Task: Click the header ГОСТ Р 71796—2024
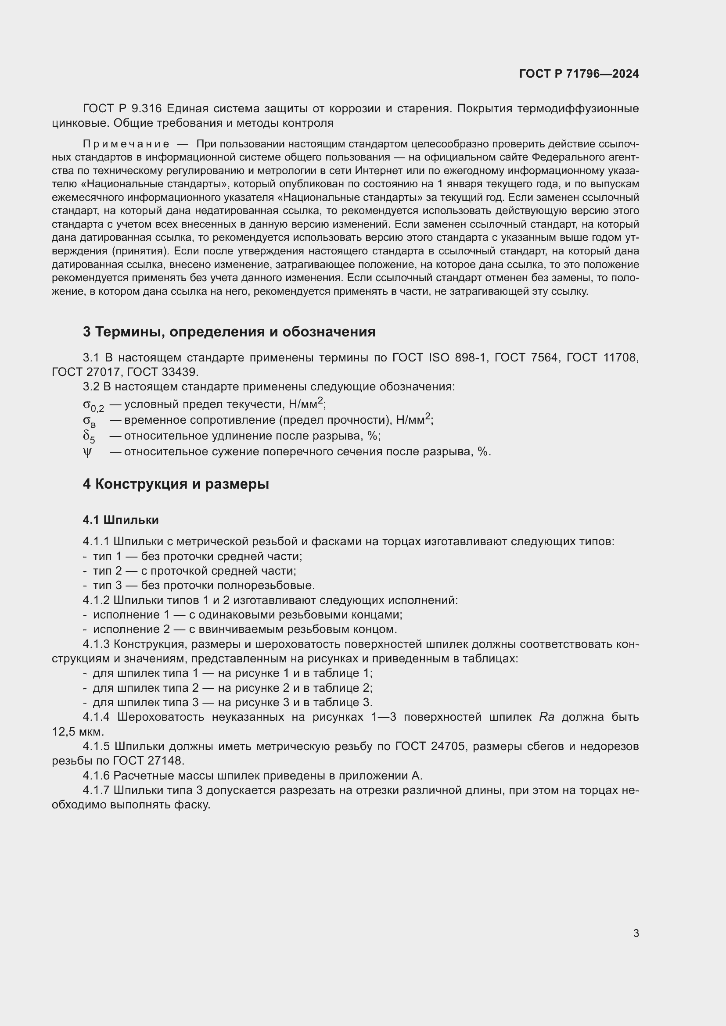point(579,74)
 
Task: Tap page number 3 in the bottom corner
point(636,933)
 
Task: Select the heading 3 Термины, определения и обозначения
point(229,332)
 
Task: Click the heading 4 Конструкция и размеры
point(176,484)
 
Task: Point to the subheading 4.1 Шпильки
point(121,520)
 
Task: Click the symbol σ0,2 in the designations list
point(93,405)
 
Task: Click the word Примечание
point(126,144)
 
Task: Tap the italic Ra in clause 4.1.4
point(547,717)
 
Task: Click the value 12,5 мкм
point(77,732)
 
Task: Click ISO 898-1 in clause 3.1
point(457,357)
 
